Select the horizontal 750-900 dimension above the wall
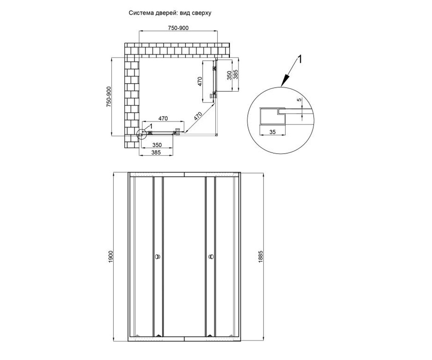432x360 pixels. pyautogui.click(x=178, y=28)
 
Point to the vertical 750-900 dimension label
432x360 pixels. pyautogui.click(x=109, y=96)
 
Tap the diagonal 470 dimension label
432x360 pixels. pyautogui.click(x=198, y=116)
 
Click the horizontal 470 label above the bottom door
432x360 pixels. pyautogui.click(x=163, y=118)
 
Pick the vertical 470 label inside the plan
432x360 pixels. pyautogui.click(x=200, y=81)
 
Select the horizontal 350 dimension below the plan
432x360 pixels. pyautogui.click(x=157, y=145)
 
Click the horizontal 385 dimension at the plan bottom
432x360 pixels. pyautogui.click(x=156, y=153)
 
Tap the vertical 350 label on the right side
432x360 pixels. pyautogui.click(x=229, y=75)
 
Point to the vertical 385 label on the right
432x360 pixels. pyautogui.click(x=236, y=75)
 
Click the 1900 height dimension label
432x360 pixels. pyautogui.click(x=111, y=257)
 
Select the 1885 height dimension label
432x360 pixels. pyautogui.click(x=261, y=257)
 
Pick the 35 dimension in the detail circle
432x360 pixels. pyautogui.click(x=273, y=132)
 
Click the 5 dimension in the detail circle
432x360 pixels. pyautogui.click(x=299, y=100)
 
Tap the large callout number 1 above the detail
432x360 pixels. pyautogui.click(x=300, y=59)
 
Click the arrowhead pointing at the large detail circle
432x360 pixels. pyautogui.click(x=284, y=81)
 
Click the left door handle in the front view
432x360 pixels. pyautogui.click(x=158, y=257)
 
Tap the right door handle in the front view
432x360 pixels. pyautogui.click(x=211, y=257)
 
